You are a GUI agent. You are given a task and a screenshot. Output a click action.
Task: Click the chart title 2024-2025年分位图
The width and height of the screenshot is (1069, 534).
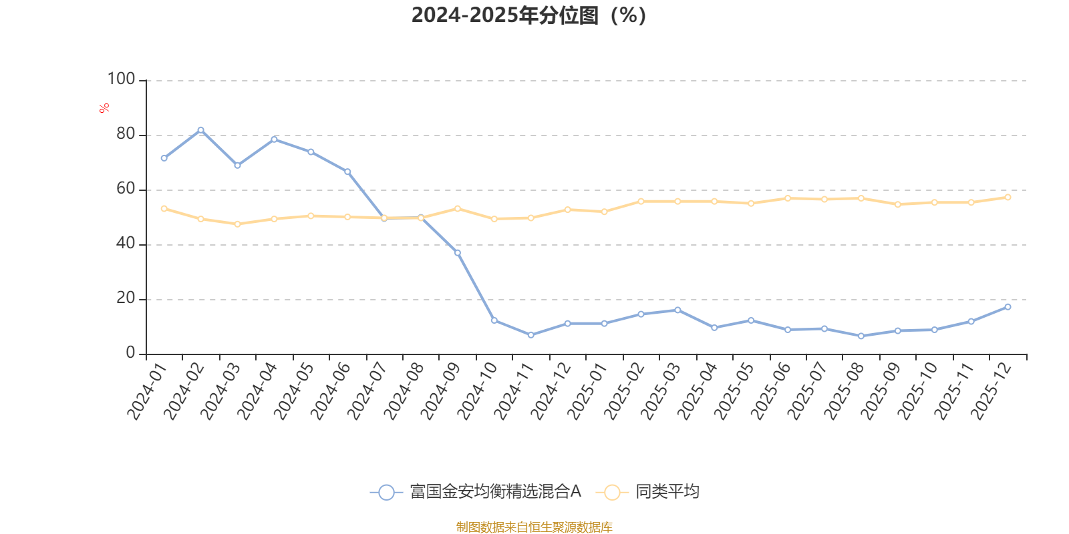point(528,15)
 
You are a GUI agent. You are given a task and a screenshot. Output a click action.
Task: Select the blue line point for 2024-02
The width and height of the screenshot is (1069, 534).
point(200,129)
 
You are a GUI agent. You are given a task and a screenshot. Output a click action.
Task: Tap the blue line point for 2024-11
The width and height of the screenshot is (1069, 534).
point(531,335)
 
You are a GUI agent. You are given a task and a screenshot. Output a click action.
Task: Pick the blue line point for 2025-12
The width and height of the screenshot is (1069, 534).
point(1008,307)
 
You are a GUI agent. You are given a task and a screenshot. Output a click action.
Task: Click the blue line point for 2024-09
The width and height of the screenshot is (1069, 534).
point(458,253)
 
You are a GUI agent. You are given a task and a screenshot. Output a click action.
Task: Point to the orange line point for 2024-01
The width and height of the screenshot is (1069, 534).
point(164,208)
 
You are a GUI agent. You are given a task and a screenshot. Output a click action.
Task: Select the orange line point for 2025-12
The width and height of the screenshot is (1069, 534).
point(1008,198)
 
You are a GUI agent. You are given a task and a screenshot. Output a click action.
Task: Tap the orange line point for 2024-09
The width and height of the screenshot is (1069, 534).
point(458,208)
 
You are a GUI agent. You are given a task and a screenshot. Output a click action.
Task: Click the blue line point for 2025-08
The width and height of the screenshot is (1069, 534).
point(861,336)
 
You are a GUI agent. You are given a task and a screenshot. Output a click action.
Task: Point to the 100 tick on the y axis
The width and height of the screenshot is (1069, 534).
point(122,79)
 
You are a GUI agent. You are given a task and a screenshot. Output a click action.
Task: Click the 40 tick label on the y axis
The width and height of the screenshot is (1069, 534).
point(125,244)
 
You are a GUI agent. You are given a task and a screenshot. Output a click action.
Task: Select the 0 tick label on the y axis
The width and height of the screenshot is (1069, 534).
point(130,353)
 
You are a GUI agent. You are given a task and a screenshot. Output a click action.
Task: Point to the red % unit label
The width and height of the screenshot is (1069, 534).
point(104,108)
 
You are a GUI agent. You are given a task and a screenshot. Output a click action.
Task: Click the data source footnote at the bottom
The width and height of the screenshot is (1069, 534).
point(534,527)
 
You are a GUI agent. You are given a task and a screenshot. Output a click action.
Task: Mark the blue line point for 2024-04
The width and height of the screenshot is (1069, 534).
point(274,139)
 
